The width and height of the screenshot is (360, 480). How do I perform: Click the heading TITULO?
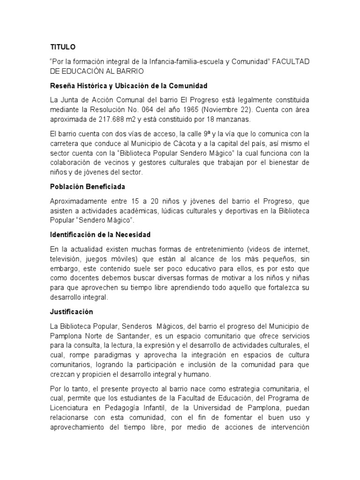[x=62, y=47]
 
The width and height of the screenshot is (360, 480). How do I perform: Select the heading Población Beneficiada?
[x=88, y=187]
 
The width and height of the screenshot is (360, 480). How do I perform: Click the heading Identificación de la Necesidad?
[x=100, y=234]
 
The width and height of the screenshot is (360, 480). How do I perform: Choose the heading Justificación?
[x=72, y=312]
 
